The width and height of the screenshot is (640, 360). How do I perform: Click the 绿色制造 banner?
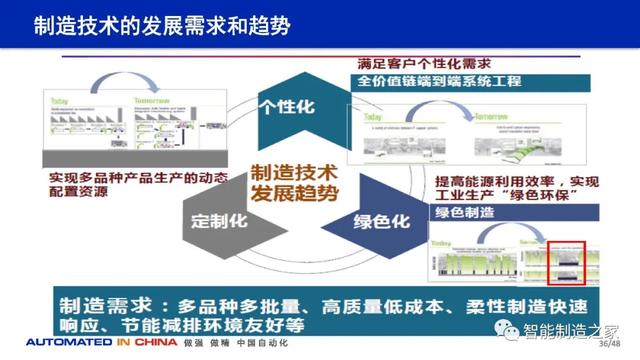click(466, 214)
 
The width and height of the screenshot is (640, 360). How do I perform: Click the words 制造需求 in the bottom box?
click(92, 303)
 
